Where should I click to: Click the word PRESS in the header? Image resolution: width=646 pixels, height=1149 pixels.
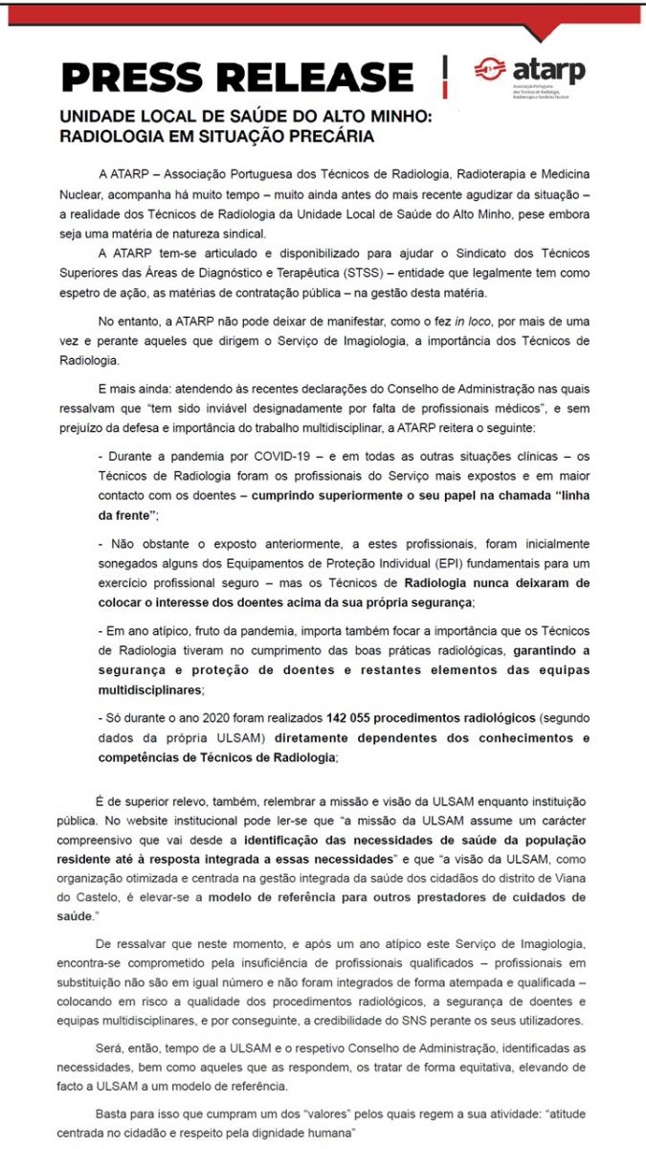(130, 77)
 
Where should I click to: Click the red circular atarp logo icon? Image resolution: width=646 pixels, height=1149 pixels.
(490, 69)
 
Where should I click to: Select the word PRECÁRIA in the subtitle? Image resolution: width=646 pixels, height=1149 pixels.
(325, 136)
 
